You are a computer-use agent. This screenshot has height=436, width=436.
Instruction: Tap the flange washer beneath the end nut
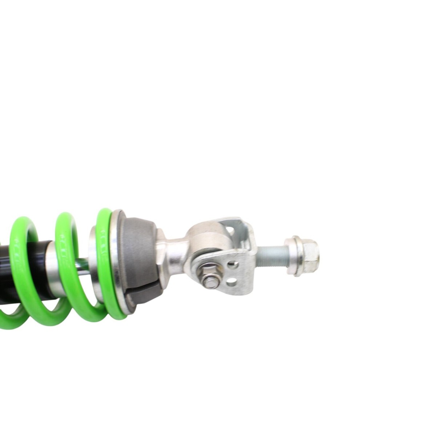tap(294, 256)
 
